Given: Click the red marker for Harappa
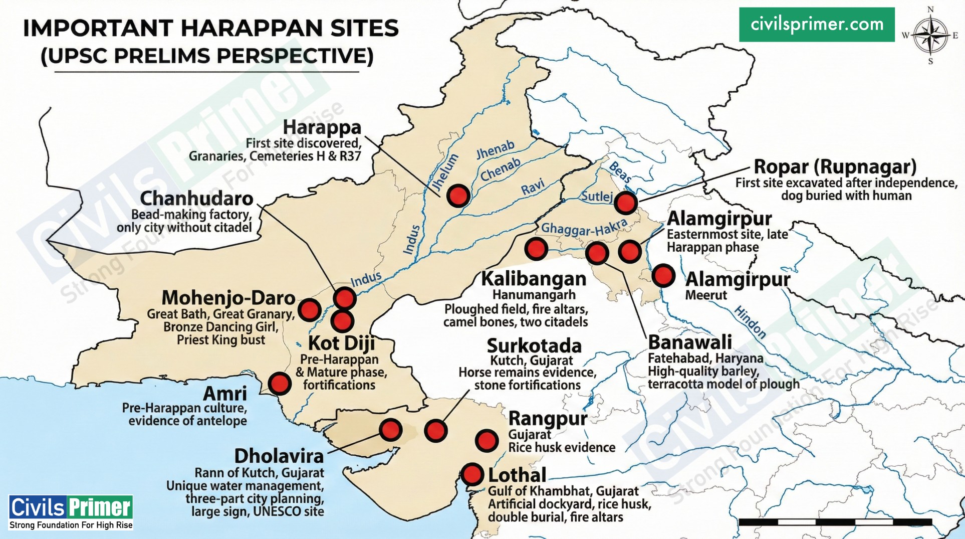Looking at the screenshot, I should coord(458,196).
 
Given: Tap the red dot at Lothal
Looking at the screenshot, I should coord(471,474).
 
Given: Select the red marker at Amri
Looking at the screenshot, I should coord(279,384).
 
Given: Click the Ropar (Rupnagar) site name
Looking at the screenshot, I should coord(835,166).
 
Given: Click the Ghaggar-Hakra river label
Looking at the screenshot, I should coord(584,229).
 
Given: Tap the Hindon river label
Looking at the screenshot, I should coord(750,322).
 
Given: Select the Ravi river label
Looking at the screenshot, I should coord(533,188).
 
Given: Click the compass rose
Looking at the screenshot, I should coord(930,35).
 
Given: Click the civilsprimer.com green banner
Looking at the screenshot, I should coord(817,25).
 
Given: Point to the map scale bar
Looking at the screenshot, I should coord(835,522).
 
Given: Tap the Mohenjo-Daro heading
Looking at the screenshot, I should coord(228,298).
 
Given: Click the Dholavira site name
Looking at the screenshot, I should coord(279,456).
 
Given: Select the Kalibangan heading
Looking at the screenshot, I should coord(534,279).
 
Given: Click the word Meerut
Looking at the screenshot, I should coord(706,295).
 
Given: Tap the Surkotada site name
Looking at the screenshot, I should coord(534,346).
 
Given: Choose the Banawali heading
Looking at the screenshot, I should coord(690,342).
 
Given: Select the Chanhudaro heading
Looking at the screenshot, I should coord(196,199).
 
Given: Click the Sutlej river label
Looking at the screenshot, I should coord(597,196).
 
